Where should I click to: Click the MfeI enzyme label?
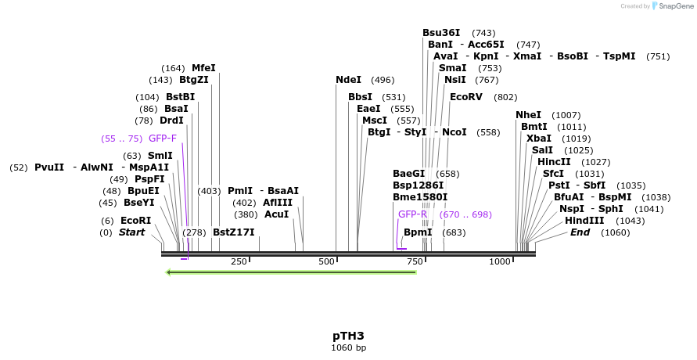coord(203,68)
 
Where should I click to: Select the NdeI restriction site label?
coord(348,80)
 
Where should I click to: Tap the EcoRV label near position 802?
coord(467,97)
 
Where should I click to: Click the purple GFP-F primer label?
coord(163,139)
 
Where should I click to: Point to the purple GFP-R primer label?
coord(412,214)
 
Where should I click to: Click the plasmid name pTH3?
coord(348,336)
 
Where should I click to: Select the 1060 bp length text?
coord(348,347)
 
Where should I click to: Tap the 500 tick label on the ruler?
coord(327,261)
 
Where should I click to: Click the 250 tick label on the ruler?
coord(239,261)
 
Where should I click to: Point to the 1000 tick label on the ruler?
coord(500,261)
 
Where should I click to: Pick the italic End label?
coord(580,232)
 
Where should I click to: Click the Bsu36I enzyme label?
coord(441,33)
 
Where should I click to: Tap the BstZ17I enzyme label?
coord(234,232)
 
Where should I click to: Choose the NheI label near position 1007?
coord(528,115)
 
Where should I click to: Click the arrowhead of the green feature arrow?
coord(170,272)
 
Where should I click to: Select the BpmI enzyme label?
coord(418,232)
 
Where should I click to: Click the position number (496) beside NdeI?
coord(383,80)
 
